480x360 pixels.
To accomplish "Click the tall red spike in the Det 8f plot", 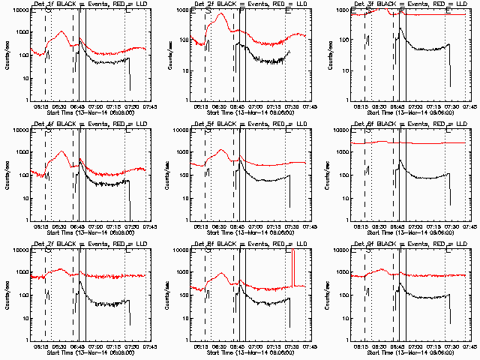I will [x=293, y=266].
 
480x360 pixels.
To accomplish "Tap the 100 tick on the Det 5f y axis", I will [x=181, y=175].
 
